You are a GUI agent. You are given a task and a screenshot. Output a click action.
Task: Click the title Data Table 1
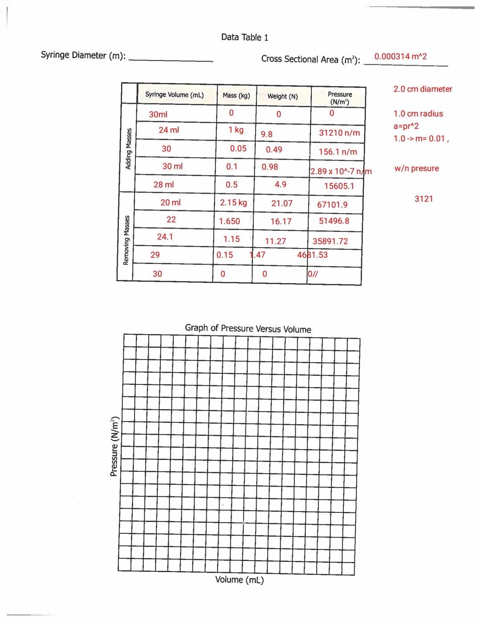tap(245, 37)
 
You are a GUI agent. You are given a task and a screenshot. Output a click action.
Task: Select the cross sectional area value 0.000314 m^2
tap(400, 57)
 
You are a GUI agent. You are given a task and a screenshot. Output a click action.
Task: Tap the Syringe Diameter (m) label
tap(83, 55)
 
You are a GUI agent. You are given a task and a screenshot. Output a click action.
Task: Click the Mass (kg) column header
tap(236, 95)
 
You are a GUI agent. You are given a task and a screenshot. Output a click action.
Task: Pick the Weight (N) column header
tap(282, 96)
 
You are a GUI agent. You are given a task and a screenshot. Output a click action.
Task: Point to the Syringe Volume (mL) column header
tap(174, 95)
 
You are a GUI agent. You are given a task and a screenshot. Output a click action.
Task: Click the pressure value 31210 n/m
tap(339, 133)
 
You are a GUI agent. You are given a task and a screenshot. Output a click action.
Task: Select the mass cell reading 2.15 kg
tap(233, 202)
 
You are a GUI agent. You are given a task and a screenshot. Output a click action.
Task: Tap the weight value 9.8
tap(266, 134)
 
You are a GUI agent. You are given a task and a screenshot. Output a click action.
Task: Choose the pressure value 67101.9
tap(332, 205)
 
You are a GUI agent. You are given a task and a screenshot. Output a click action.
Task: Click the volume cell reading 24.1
tap(165, 237)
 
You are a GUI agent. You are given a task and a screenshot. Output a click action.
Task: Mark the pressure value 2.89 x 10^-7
tap(341, 172)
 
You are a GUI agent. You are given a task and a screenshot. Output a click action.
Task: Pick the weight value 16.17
tap(281, 221)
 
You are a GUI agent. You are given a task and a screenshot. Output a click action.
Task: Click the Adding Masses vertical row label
tap(128, 149)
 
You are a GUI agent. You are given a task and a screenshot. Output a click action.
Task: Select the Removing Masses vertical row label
tap(126, 240)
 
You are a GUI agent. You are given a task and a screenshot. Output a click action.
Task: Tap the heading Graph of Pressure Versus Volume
tap(248, 329)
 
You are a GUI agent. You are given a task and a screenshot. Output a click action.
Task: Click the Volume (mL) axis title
tap(239, 580)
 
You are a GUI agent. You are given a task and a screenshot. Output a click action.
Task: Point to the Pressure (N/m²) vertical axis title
tap(114, 446)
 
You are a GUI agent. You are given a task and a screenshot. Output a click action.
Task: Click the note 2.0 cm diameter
tap(422, 89)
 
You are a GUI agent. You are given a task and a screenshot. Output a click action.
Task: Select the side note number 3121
tap(424, 199)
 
